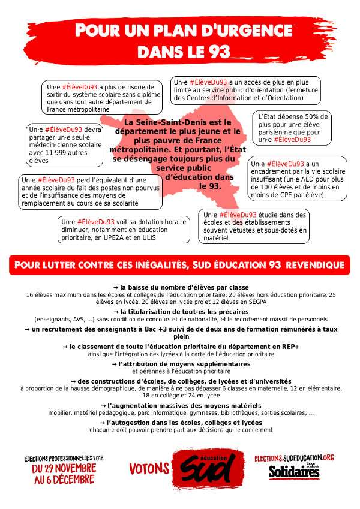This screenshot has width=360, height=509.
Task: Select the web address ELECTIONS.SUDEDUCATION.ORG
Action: click(x=302, y=458)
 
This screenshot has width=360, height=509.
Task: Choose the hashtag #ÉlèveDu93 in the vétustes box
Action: click(x=238, y=215)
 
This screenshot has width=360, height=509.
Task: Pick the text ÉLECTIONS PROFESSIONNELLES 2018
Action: click(x=64, y=458)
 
